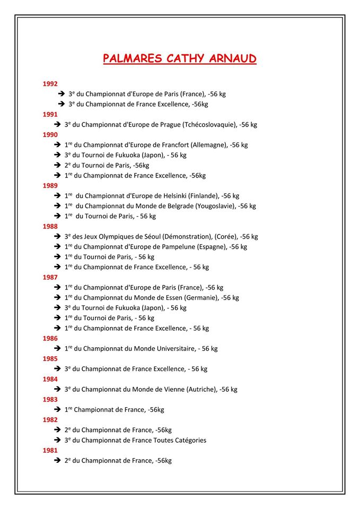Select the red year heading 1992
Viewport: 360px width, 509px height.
50,83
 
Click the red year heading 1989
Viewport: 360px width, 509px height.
50,186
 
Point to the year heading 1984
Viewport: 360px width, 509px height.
50,379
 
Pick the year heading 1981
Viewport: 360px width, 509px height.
50,450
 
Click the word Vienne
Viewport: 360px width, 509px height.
173,389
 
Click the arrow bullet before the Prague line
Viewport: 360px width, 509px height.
57,125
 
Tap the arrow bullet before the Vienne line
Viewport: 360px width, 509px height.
57,389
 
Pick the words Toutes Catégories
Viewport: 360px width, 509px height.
180,440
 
